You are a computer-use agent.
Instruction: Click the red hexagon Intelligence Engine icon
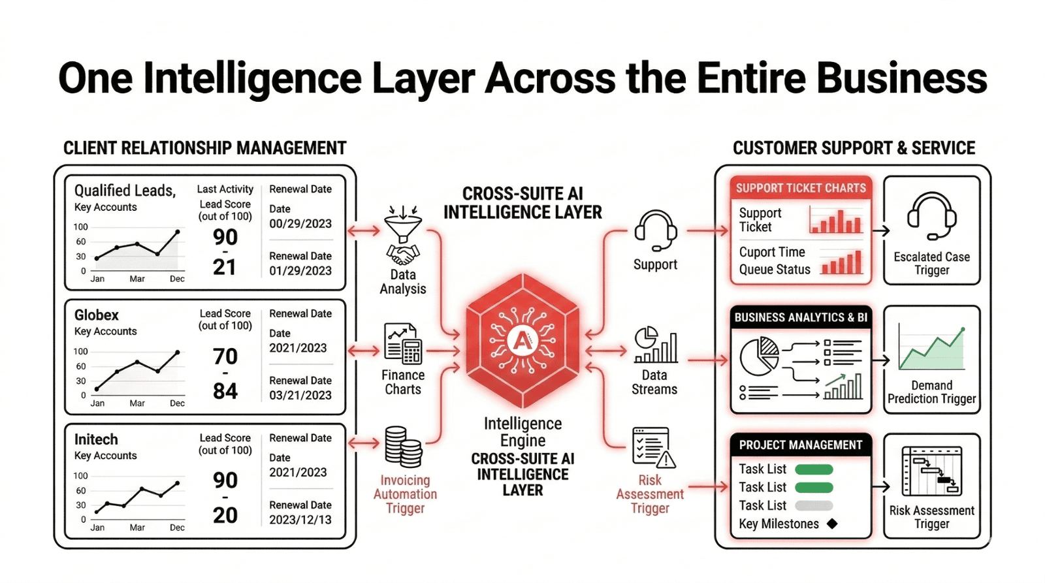click(x=522, y=340)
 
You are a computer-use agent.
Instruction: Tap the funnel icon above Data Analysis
click(x=403, y=225)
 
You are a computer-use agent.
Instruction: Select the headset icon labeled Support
click(x=655, y=230)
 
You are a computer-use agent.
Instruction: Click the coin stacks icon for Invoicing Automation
click(x=402, y=447)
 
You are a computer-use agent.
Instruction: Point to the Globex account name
click(x=97, y=315)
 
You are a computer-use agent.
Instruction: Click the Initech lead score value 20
click(x=225, y=515)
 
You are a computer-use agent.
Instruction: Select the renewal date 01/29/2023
click(x=300, y=270)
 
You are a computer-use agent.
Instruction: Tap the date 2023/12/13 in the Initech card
click(x=300, y=520)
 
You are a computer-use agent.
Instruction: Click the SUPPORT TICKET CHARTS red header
click(x=801, y=188)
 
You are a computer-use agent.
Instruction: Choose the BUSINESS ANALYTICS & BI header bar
click(x=801, y=317)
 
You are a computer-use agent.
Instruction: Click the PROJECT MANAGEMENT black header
click(x=801, y=445)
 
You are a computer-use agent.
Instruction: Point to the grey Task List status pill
click(x=814, y=505)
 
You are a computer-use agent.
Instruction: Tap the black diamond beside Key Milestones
click(x=832, y=524)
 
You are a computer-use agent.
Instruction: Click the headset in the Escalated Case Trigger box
click(x=931, y=216)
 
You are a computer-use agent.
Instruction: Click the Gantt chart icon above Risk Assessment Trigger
click(x=931, y=471)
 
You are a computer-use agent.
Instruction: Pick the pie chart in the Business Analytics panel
click(x=759, y=356)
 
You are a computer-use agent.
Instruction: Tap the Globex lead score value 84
click(x=225, y=391)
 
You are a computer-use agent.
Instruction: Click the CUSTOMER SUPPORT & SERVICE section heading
click(x=854, y=148)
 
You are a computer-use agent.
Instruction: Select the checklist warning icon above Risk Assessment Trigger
click(x=653, y=448)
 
